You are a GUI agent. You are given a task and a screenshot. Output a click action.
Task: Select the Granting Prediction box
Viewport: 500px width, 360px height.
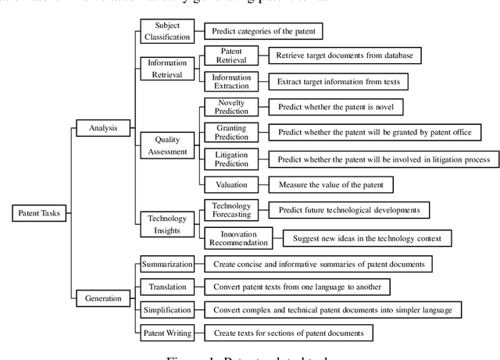227,133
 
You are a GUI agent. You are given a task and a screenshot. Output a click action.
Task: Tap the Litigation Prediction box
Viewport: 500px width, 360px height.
227,159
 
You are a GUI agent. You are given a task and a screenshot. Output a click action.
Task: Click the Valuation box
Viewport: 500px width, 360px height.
226,184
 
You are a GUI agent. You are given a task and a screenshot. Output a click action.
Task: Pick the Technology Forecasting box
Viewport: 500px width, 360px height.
226,210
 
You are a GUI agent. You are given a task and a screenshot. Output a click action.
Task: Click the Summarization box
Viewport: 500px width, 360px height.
166,264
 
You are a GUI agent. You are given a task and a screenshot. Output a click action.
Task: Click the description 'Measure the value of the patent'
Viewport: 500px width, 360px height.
330,184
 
